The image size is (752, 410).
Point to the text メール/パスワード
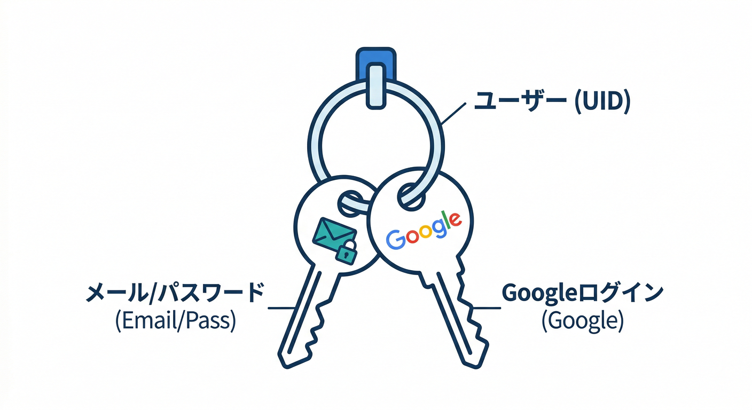pos(176,294)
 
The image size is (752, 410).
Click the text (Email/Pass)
pos(175,321)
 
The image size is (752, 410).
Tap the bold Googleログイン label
pos(582,294)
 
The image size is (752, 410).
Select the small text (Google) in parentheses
pos(582,321)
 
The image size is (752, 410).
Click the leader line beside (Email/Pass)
pos(281,308)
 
